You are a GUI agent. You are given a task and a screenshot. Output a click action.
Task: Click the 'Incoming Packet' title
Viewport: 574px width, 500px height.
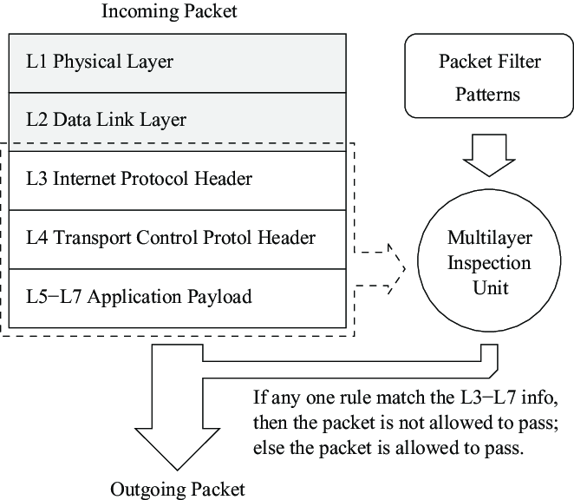pyautogui.click(x=169, y=11)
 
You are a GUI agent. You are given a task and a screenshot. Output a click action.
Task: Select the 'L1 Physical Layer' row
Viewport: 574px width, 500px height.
pyautogui.click(x=179, y=62)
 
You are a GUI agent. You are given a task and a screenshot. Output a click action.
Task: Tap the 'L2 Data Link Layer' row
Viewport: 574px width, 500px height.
pyautogui.click(x=179, y=118)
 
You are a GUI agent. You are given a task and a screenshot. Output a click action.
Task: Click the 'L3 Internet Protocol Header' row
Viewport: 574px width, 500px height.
pyautogui.click(x=179, y=179)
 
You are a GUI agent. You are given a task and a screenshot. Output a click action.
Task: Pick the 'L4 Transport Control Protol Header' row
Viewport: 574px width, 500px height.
pyautogui.click(x=179, y=237)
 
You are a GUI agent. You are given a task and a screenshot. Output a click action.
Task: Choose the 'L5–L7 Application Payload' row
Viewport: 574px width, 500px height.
pyautogui.click(x=179, y=297)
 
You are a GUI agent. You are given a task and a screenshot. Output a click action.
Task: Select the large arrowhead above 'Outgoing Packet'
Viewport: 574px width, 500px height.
pyautogui.click(x=177, y=443)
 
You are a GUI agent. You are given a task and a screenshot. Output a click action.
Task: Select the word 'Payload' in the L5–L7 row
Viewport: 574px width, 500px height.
pyautogui.click(x=222, y=297)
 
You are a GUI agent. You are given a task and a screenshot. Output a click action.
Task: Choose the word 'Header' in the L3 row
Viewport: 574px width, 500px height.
pyautogui.click(x=223, y=179)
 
